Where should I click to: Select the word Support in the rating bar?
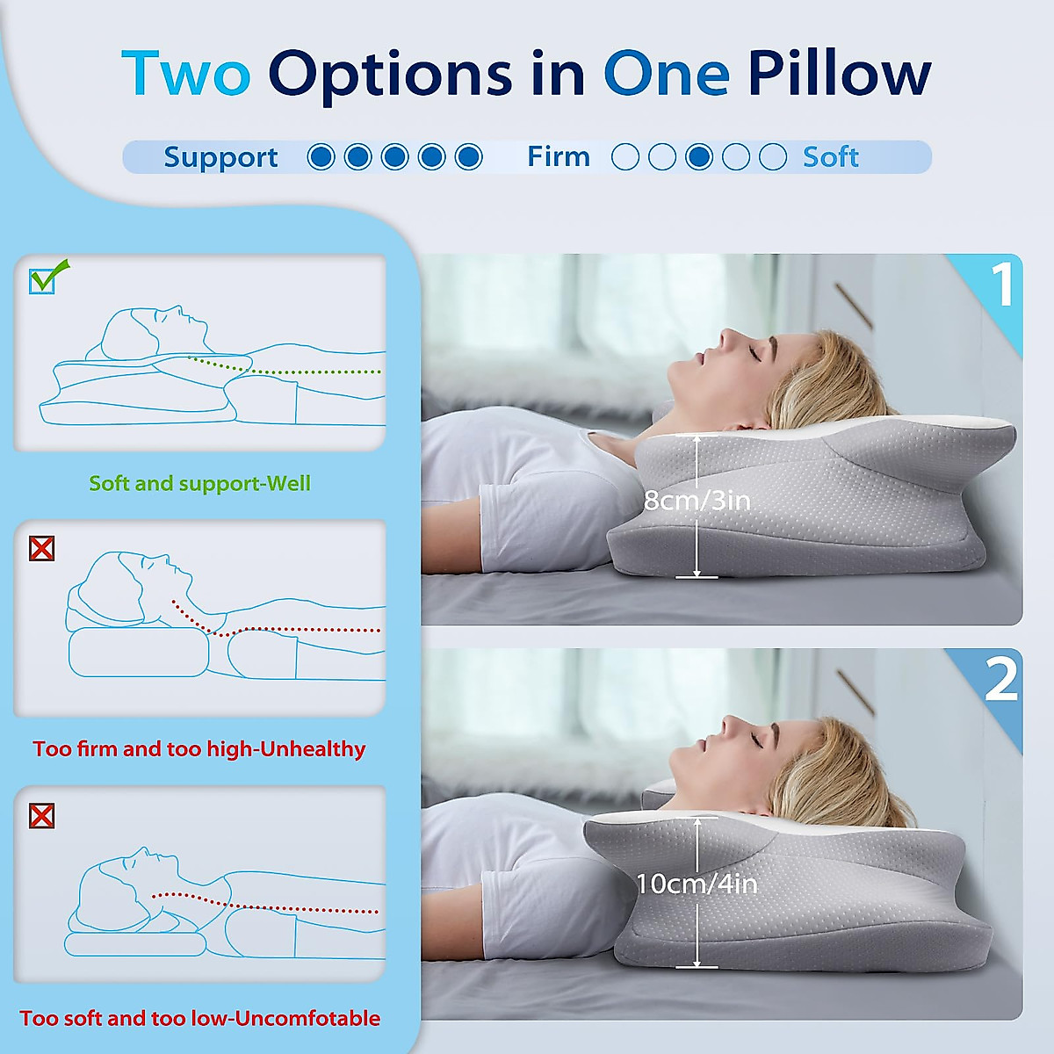tap(220, 157)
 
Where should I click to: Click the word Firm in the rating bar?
tap(559, 157)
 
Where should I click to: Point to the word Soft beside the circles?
tap(830, 157)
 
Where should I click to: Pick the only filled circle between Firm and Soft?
tap(699, 157)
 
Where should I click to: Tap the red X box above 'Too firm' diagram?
tap(42, 549)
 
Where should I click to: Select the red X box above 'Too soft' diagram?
tap(42, 816)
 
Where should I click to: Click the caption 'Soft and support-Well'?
tap(199, 483)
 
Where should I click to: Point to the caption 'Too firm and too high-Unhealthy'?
tap(199, 749)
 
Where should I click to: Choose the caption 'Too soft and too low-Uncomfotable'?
tap(199, 1019)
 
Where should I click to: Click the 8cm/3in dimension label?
tap(697, 501)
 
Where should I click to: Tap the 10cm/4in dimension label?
tap(697, 884)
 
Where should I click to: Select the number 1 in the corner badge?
tap(1002, 285)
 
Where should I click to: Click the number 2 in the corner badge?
tap(1001, 680)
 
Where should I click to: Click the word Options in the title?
tap(390, 75)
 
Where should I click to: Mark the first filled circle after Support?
tap(321, 157)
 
